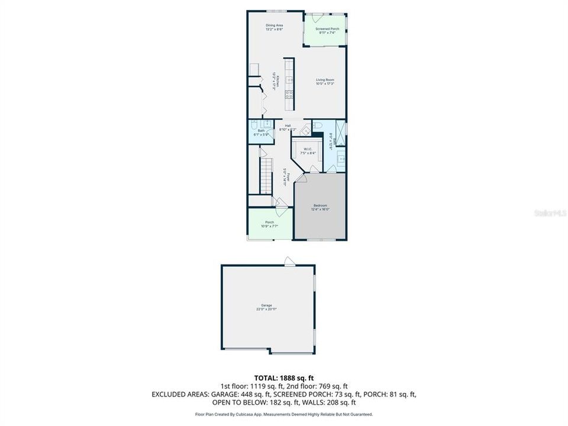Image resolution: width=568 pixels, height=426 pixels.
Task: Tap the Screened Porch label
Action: click(x=327, y=31)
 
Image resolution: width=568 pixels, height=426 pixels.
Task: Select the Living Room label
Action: click(x=325, y=81)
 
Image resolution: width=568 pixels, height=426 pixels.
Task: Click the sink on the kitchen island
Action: click(x=289, y=79)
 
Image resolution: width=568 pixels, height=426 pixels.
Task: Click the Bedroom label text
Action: click(x=320, y=207)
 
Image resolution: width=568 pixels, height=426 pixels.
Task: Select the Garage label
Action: click(x=268, y=306)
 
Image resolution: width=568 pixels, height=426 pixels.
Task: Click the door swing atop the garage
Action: click(x=288, y=261)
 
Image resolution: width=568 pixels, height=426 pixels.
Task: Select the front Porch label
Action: click(x=269, y=224)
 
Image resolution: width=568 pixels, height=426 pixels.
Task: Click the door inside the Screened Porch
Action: click(x=318, y=14)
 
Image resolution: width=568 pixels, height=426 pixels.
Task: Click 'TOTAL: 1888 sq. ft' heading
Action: click(x=284, y=377)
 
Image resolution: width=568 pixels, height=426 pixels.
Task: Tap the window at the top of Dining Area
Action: click(x=276, y=11)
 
